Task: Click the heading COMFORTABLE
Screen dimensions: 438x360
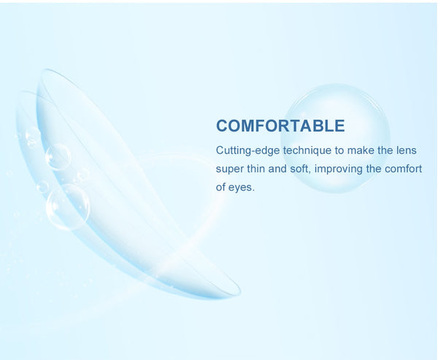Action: click(280, 126)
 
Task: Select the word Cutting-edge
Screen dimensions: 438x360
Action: click(247, 150)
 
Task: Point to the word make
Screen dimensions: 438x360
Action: click(360, 150)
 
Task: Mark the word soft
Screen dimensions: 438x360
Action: click(300, 169)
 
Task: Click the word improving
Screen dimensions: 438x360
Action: click(338, 169)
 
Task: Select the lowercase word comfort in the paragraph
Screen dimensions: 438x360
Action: click(403, 169)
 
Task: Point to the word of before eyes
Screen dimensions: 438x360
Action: click(220, 187)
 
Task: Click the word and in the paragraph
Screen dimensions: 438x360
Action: click(277, 169)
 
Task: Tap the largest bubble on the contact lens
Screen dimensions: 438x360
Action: click(68, 207)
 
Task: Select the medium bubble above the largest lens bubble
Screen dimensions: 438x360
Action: click(58, 157)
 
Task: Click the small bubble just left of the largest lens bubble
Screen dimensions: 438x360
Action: click(43, 187)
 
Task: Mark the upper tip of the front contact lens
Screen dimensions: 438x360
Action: click(45, 70)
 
